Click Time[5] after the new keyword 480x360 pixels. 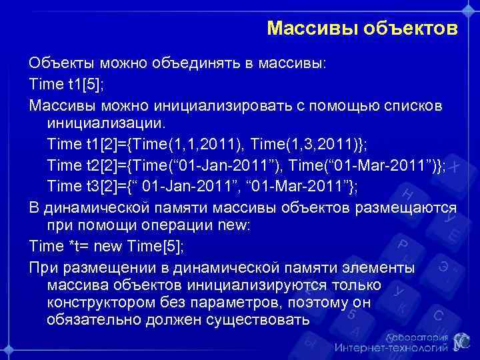(155, 246)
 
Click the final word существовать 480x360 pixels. (261, 319)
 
